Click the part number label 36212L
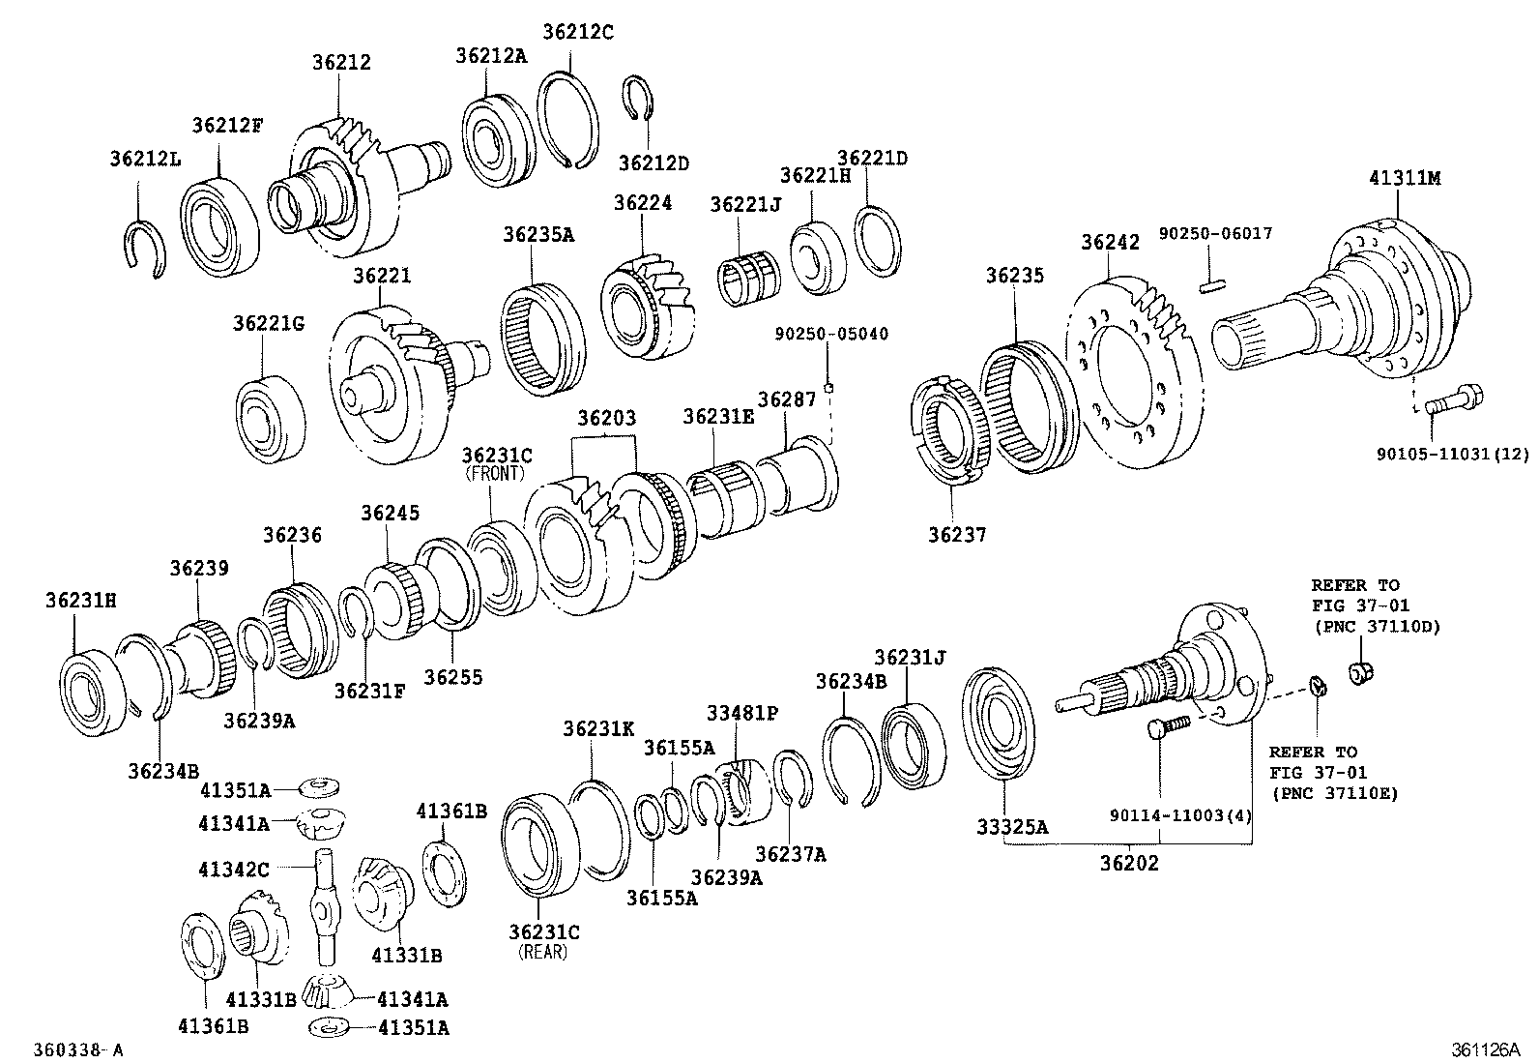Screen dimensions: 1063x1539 [144, 158]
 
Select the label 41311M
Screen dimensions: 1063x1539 [1405, 179]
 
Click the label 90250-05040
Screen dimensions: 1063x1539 [830, 335]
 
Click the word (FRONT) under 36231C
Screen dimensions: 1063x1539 [494, 474]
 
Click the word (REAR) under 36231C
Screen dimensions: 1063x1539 [543, 951]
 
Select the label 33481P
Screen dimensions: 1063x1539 [741, 714]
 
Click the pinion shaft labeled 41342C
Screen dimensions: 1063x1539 [323, 904]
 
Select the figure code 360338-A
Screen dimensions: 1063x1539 [78, 1049]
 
